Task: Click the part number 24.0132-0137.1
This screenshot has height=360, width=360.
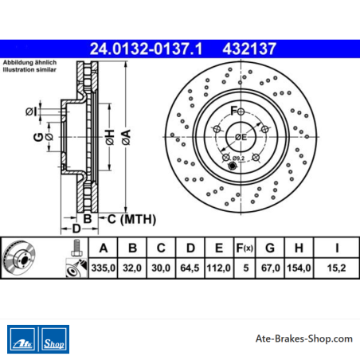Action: point(146,49)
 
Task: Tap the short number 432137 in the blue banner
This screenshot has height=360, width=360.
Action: point(249,49)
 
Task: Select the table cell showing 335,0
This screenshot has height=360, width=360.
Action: point(104,268)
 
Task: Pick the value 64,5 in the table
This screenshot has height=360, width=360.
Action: point(190,268)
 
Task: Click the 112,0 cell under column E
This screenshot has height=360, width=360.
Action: point(218,268)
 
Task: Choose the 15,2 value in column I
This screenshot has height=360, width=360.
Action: point(336,268)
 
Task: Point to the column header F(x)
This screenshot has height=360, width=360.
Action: point(245,248)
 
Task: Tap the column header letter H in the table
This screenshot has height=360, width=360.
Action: point(299,248)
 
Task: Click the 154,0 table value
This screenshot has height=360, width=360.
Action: point(299,268)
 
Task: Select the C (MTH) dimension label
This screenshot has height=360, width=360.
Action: point(131,219)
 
